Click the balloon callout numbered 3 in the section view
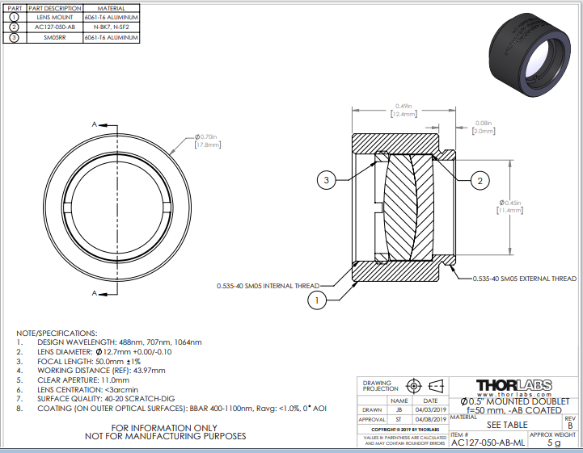pyautogui.click(x=327, y=180)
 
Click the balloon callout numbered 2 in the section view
pyautogui.click(x=479, y=181)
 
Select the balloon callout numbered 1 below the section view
pyautogui.click(x=318, y=300)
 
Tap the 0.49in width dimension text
pyautogui.click(x=403, y=106)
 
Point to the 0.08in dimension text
pyautogui.click(x=484, y=122)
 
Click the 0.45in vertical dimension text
pyautogui.click(x=513, y=203)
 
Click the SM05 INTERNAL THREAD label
pyautogui.click(x=268, y=286)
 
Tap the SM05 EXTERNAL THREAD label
pyautogui.click(x=526, y=279)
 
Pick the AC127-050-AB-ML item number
pyautogui.click(x=491, y=443)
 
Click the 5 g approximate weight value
pyautogui.click(x=554, y=443)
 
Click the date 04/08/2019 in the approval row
pyautogui.click(x=431, y=420)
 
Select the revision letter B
pyautogui.click(x=570, y=424)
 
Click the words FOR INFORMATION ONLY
pyautogui.click(x=165, y=427)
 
